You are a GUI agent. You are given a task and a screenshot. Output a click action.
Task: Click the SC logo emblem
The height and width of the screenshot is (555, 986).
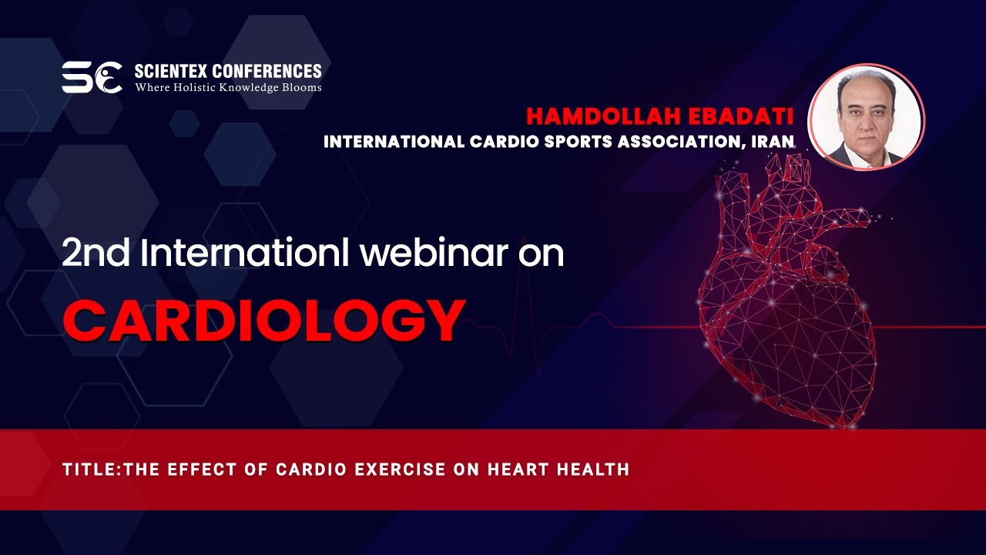click(92, 78)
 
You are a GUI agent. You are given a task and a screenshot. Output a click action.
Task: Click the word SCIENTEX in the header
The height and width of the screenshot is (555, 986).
click(171, 71)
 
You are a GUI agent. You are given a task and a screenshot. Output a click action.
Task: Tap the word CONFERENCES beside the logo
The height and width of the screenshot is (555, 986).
click(267, 71)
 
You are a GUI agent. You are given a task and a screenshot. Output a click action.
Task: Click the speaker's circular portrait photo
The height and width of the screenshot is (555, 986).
click(867, 117)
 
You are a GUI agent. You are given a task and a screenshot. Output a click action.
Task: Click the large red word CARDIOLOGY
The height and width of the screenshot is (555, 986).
click(264, 320)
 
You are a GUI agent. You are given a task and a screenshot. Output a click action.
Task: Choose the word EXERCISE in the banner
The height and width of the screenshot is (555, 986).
click(400, 469)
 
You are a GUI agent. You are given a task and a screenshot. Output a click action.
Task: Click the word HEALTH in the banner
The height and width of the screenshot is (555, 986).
click(593, 469)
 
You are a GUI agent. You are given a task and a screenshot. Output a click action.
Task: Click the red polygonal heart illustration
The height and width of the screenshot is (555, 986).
click(786, 291)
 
